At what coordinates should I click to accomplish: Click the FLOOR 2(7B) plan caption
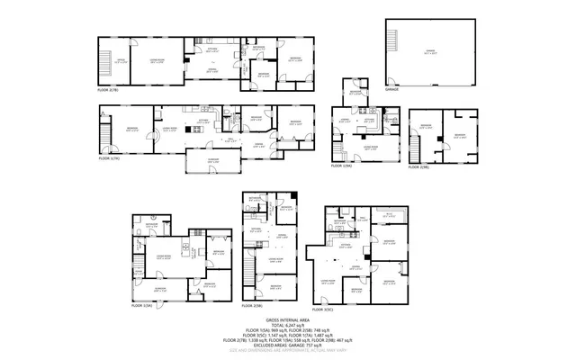(109, 91)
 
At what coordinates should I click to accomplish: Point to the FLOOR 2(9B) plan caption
(419, 166)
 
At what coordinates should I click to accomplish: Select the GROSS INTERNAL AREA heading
(288, 319)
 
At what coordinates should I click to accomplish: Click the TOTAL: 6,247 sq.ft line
(288, 326)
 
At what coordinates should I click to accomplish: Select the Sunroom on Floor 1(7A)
(213, 161)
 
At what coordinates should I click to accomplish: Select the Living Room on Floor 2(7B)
(157, 60)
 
